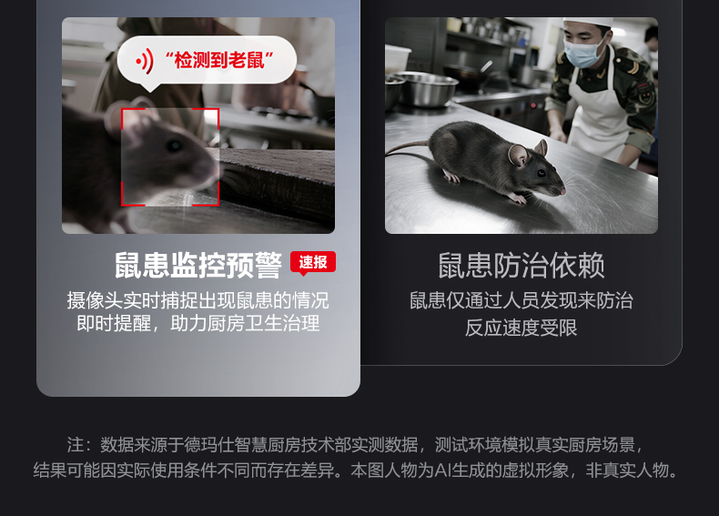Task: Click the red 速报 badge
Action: (313, 263)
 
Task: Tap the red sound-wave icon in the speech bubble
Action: (145, 61)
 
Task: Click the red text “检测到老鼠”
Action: (219, 60)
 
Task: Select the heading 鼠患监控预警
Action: (198, 265)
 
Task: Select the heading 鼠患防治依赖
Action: (522, 265)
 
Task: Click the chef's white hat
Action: (587, 22)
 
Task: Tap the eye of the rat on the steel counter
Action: (542, 174)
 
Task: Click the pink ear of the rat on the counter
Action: (518, 155)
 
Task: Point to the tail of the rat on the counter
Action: (408, 150)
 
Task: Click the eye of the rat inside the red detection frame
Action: (174, 146)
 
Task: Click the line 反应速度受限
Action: (521, 328)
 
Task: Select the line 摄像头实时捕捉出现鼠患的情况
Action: (198, 300)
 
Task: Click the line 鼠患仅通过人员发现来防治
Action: (522, 300)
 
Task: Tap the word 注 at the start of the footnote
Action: (76, 445)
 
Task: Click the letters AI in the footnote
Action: (443, 470)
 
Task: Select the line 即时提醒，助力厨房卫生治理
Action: (198, 323)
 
